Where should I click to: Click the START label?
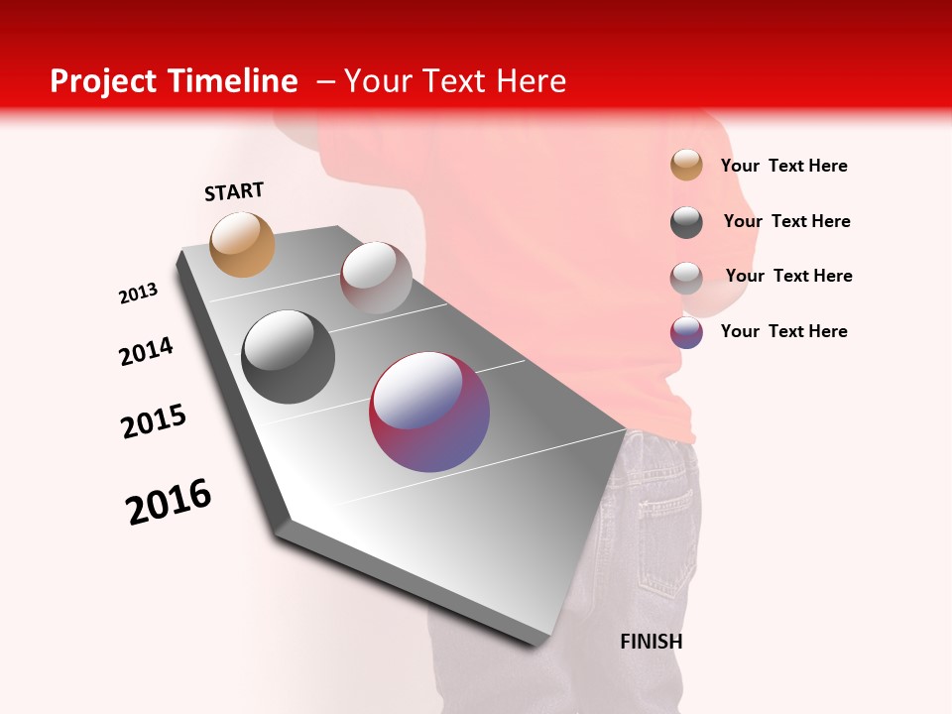(234, 191)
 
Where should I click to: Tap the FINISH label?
(651, 642)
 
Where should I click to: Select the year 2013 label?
(139, 294)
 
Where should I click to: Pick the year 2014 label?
(147, 351)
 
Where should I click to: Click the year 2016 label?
(169, 502)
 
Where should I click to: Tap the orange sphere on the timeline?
(243, 244)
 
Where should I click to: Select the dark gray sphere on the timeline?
(288, 357)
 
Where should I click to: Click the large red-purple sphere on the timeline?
(429, 412)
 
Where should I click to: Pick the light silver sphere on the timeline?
(376, 277)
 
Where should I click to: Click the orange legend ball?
(686, 166)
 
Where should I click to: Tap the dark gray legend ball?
(686, 222)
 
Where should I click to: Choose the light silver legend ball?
(686, 278)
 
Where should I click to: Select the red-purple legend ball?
(686, 332)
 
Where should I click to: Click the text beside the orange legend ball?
(783, 166)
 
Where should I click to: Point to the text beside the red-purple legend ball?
(783, 331)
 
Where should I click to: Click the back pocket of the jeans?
(659, 496)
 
